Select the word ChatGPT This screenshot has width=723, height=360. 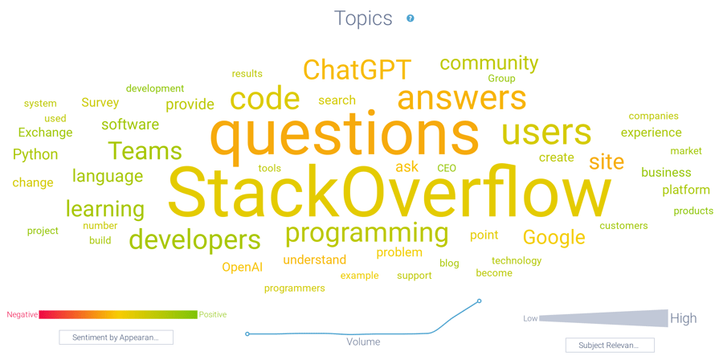(357, 70)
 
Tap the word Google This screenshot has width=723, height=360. (553, 237)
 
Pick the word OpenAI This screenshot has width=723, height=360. (242, 267)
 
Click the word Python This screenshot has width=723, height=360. (35, 154)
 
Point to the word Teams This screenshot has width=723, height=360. (145, 150)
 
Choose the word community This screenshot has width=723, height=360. (488, 63)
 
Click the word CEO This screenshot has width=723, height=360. (447, 169)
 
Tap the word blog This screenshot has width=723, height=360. (449, 263)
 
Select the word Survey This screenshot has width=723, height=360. (100, 103)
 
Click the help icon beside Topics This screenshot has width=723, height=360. (411, 18)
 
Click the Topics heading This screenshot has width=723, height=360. (363, 18)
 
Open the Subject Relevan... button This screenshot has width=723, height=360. (610, 345)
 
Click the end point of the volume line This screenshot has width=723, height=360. (480, 301)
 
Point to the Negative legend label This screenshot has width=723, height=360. (22, 314)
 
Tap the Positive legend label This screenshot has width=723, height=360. (213, 314)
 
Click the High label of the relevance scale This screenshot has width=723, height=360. (684, 318)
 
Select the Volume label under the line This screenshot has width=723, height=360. (363, 342)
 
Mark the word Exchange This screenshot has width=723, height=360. (45, 133)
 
